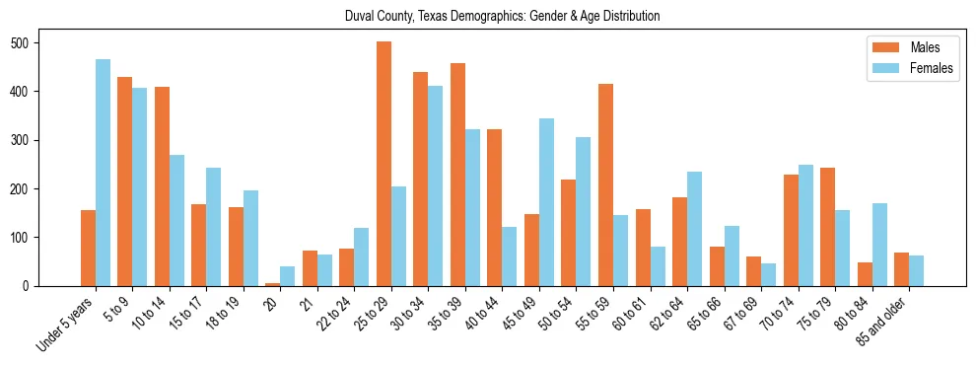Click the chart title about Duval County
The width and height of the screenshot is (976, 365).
click(502, 17)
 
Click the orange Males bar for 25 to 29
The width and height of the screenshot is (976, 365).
click(383, 164)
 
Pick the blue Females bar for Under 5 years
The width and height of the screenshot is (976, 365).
click(103, 173)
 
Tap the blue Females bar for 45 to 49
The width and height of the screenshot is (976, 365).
click(546, 202)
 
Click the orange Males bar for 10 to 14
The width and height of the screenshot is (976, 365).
click(162, 186)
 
